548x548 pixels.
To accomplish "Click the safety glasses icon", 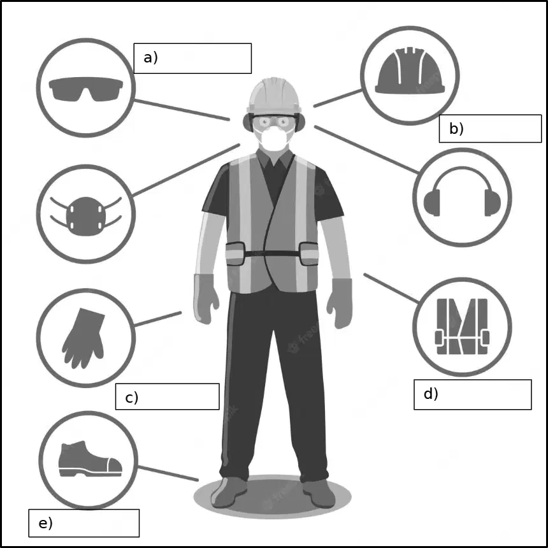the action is click(x=86, y=89).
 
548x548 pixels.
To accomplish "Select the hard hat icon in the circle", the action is click(x=410, y=70).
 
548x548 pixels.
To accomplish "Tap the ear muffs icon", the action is click(x=462, y=192).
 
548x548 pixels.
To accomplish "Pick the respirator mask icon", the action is click(x=86, y=215).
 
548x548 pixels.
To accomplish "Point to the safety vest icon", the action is click(x=462, y=326).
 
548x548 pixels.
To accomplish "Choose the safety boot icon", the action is click(x=90, y=459).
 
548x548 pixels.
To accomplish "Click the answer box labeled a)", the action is click(x=192, y=59).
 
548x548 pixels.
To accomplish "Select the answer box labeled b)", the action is click(x=490, y=129).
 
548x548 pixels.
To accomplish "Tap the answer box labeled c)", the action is click(x=168, y=396).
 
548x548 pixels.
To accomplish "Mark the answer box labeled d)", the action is click(x=473, y=394).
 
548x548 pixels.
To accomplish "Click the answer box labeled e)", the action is click(x=84, y=523).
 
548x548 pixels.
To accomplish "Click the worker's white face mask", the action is click(x=274, y=138).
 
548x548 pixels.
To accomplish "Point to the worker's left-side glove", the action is click(x=205, y=299).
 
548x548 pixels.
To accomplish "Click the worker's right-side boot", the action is click(x=319, y=493).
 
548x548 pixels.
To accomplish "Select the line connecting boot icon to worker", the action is click(x=168, y=473).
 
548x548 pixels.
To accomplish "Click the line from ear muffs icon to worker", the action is click(x=366, y=149).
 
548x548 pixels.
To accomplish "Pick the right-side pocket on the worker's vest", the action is click(x=309, y=254).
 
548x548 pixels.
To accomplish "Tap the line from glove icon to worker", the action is click(x=158, y=319).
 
